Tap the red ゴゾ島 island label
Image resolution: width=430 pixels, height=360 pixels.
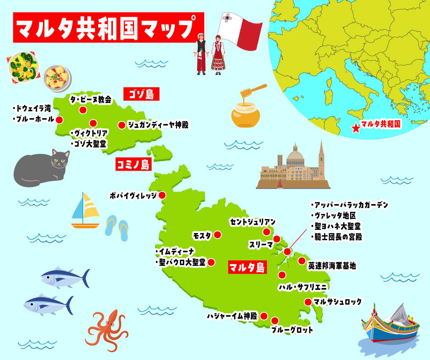(x=141, y=95)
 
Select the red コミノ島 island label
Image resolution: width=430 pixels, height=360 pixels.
(x=133, y=165)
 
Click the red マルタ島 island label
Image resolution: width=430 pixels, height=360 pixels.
(x=247, y=267)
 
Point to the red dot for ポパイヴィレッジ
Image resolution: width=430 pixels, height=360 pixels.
(x=162, y=195)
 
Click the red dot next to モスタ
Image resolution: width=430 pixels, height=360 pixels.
(x=218, y=235)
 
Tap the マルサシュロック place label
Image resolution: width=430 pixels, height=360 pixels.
(x=337, y=302)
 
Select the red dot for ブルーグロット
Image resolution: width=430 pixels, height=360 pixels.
(x=275, y=321)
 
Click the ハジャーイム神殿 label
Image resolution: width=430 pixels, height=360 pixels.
(x=232, y=316)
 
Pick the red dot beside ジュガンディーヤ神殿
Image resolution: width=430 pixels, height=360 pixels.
(x=121, y=125)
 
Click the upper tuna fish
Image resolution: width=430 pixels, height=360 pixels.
(x=64, y=278)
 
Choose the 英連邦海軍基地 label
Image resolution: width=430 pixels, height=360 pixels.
(x=332, y=266)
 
